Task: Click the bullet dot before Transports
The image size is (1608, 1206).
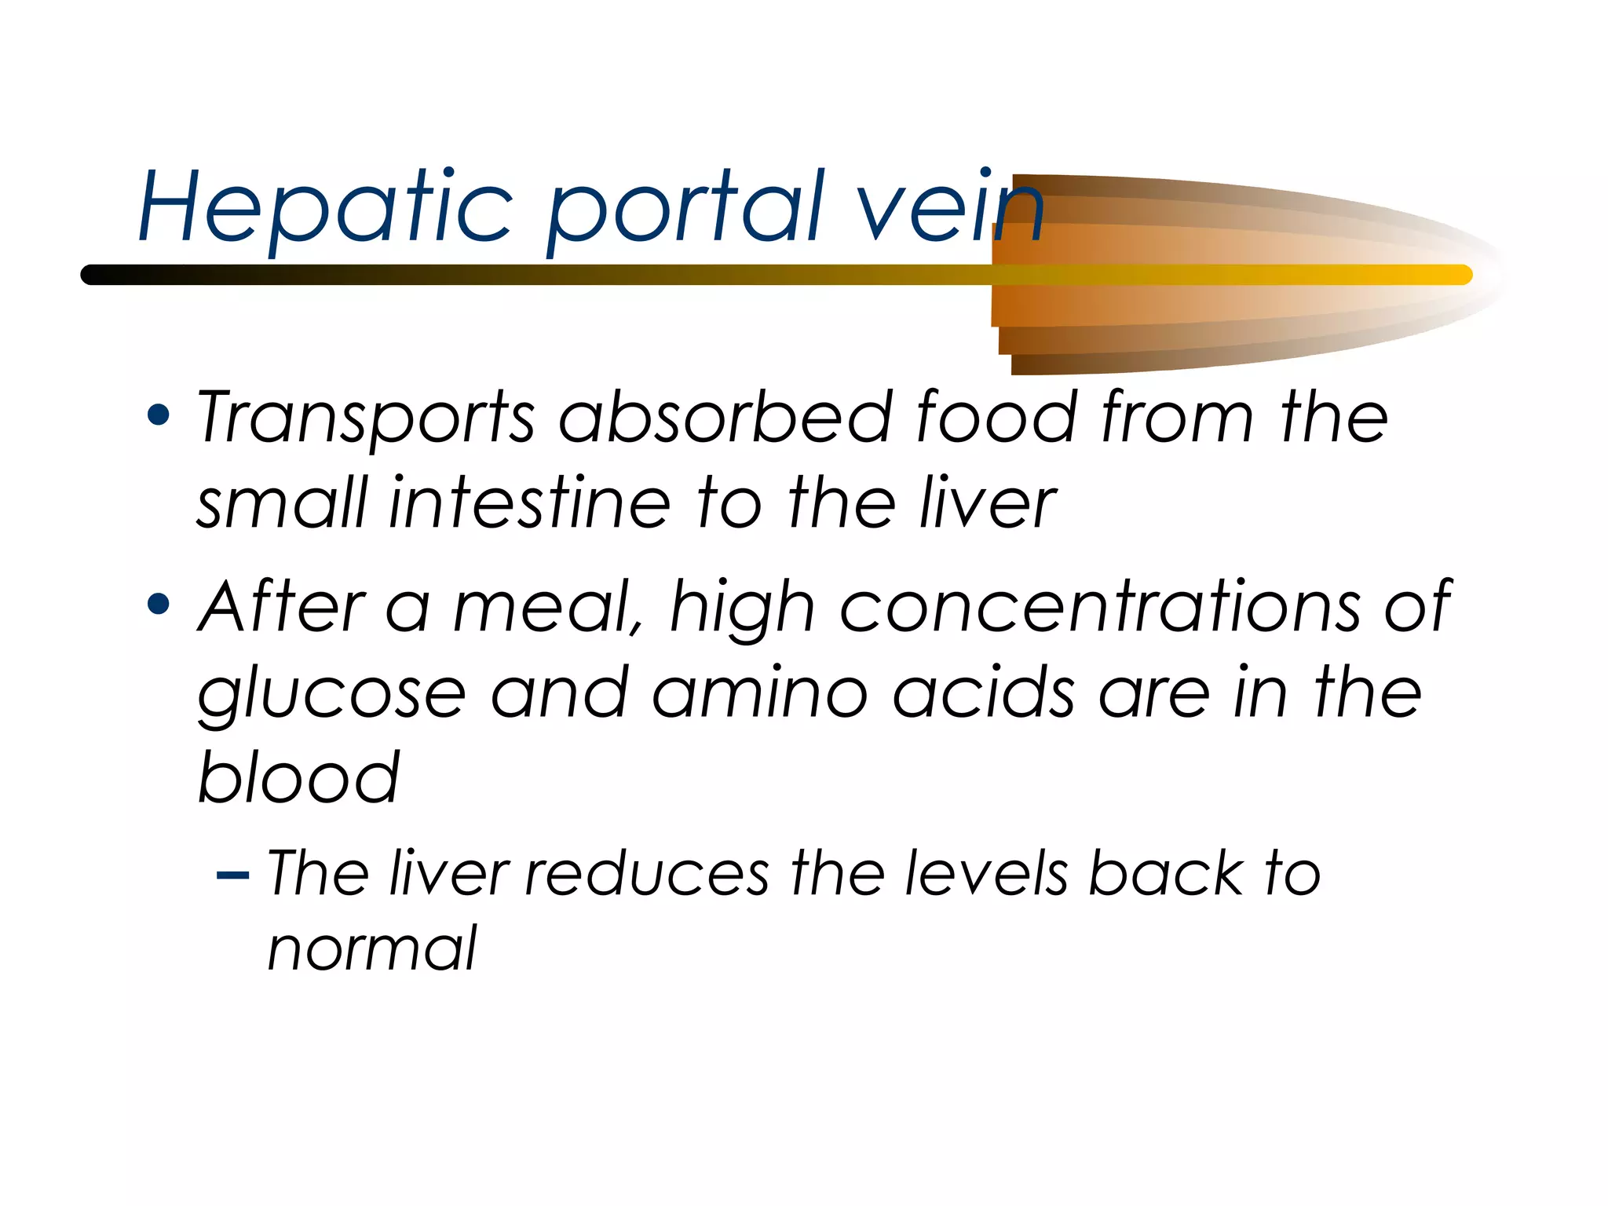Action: (159, 415)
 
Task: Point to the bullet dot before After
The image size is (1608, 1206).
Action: (159, 604)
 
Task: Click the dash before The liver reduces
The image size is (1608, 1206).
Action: (232, 874)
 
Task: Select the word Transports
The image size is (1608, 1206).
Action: (366, 418)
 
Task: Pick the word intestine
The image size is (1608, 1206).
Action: (529, 503)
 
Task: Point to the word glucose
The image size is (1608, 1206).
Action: (331, 696)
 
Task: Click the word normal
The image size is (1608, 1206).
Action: (372, 948)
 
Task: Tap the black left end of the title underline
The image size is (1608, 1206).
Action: (98, 275)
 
